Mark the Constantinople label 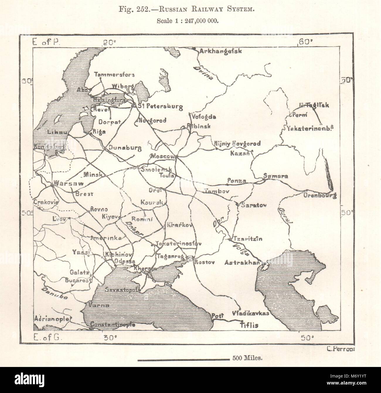[108, 325]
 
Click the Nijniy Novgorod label [237, 143]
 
